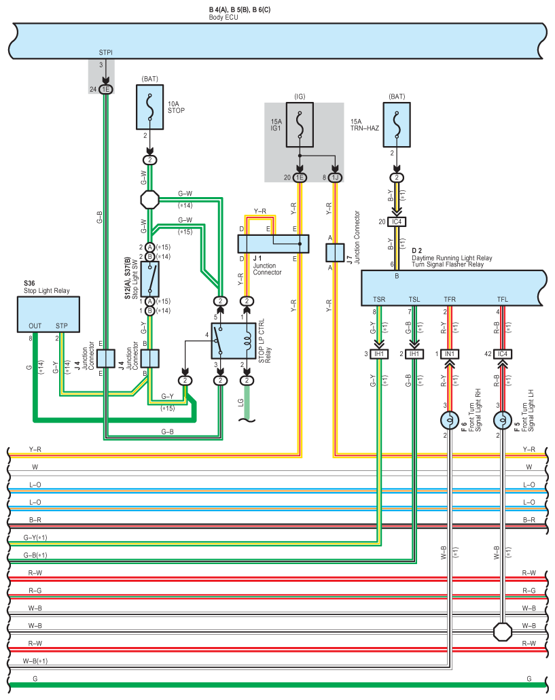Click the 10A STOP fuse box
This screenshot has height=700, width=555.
point(150,107)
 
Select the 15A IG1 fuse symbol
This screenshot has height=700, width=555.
point(300,125)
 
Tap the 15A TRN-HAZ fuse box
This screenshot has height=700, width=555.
point(397,125)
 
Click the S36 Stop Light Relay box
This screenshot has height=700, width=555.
point(49,315)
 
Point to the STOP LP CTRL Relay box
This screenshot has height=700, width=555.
point(233,341)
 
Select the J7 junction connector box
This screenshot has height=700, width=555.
point(335,253)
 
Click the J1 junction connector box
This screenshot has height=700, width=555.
point(273,244)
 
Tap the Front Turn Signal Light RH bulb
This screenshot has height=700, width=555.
point(450,421)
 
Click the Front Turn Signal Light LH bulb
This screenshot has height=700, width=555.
point(503,421)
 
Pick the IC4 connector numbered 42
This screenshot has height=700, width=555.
point(503,354)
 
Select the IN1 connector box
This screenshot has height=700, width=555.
point(450,354)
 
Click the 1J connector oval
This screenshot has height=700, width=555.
point(335,177)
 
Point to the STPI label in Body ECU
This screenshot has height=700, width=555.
point(106,53)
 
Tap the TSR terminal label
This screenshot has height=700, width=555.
point(379,300)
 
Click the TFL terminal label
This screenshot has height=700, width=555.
point(503,300)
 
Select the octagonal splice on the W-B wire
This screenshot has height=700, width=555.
point(503,631)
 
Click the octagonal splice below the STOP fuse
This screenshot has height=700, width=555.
point(150,200)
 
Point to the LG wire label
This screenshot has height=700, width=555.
point(241,402)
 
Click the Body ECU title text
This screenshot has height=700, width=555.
point(223,18)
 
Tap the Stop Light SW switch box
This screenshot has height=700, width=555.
point(150,279)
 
